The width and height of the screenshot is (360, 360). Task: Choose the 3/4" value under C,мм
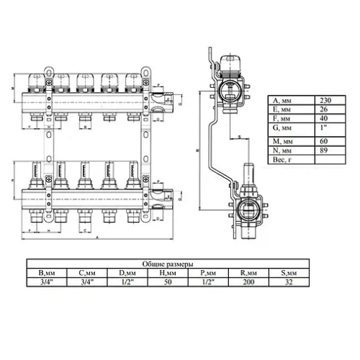[88, 283]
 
